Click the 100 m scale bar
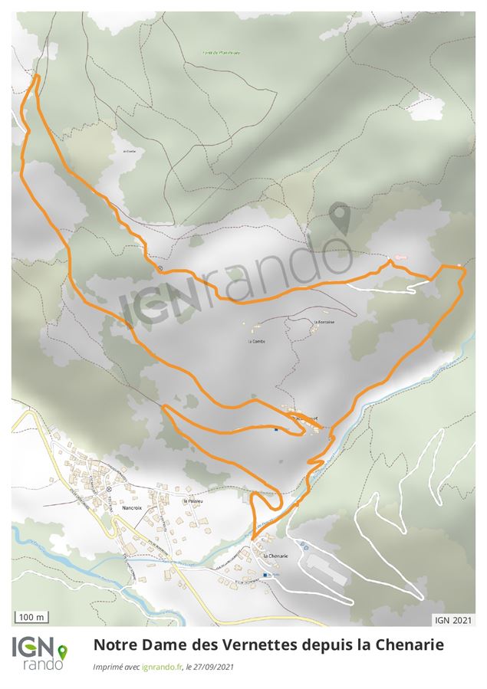coord(31,617)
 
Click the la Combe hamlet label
coord(255,340)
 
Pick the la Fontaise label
coord(322,322)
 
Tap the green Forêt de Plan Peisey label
coord(222,52)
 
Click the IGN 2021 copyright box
coord(453,618)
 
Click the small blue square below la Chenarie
coord(266,575)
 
